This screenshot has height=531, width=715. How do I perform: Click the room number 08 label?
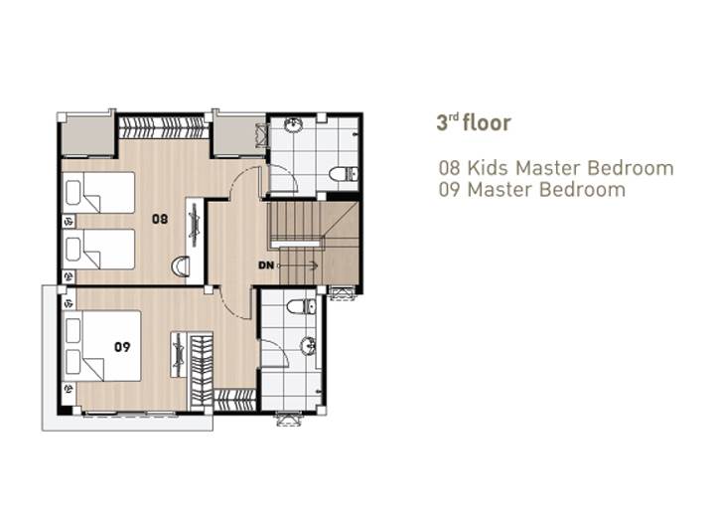tap(160, 219)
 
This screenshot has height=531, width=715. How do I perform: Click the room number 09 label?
tap(122, 347)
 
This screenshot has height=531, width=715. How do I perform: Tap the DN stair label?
tap(266, 265)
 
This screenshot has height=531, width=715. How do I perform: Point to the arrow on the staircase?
tap(297, 265)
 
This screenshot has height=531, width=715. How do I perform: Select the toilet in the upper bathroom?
tap(344, 174)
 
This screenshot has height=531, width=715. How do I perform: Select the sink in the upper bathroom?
tap(293, 124)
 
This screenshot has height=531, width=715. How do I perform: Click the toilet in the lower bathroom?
tap(302, 306)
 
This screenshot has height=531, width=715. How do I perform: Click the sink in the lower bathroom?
tap(308, 346)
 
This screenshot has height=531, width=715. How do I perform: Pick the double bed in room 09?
tap(102, 346)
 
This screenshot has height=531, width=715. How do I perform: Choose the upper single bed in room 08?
tap(99, 192)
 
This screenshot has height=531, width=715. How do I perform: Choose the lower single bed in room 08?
tap(99, 249)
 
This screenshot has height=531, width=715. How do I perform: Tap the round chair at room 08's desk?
tap(181, 266)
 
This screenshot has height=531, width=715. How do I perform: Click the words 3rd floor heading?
tap(474, 122)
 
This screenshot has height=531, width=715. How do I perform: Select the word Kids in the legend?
tap(488, 168)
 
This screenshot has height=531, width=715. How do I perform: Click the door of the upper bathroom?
tap(284, 178)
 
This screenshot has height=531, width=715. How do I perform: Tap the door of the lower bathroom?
tap(275, 353)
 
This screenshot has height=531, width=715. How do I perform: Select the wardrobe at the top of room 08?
tap(164, 128)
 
